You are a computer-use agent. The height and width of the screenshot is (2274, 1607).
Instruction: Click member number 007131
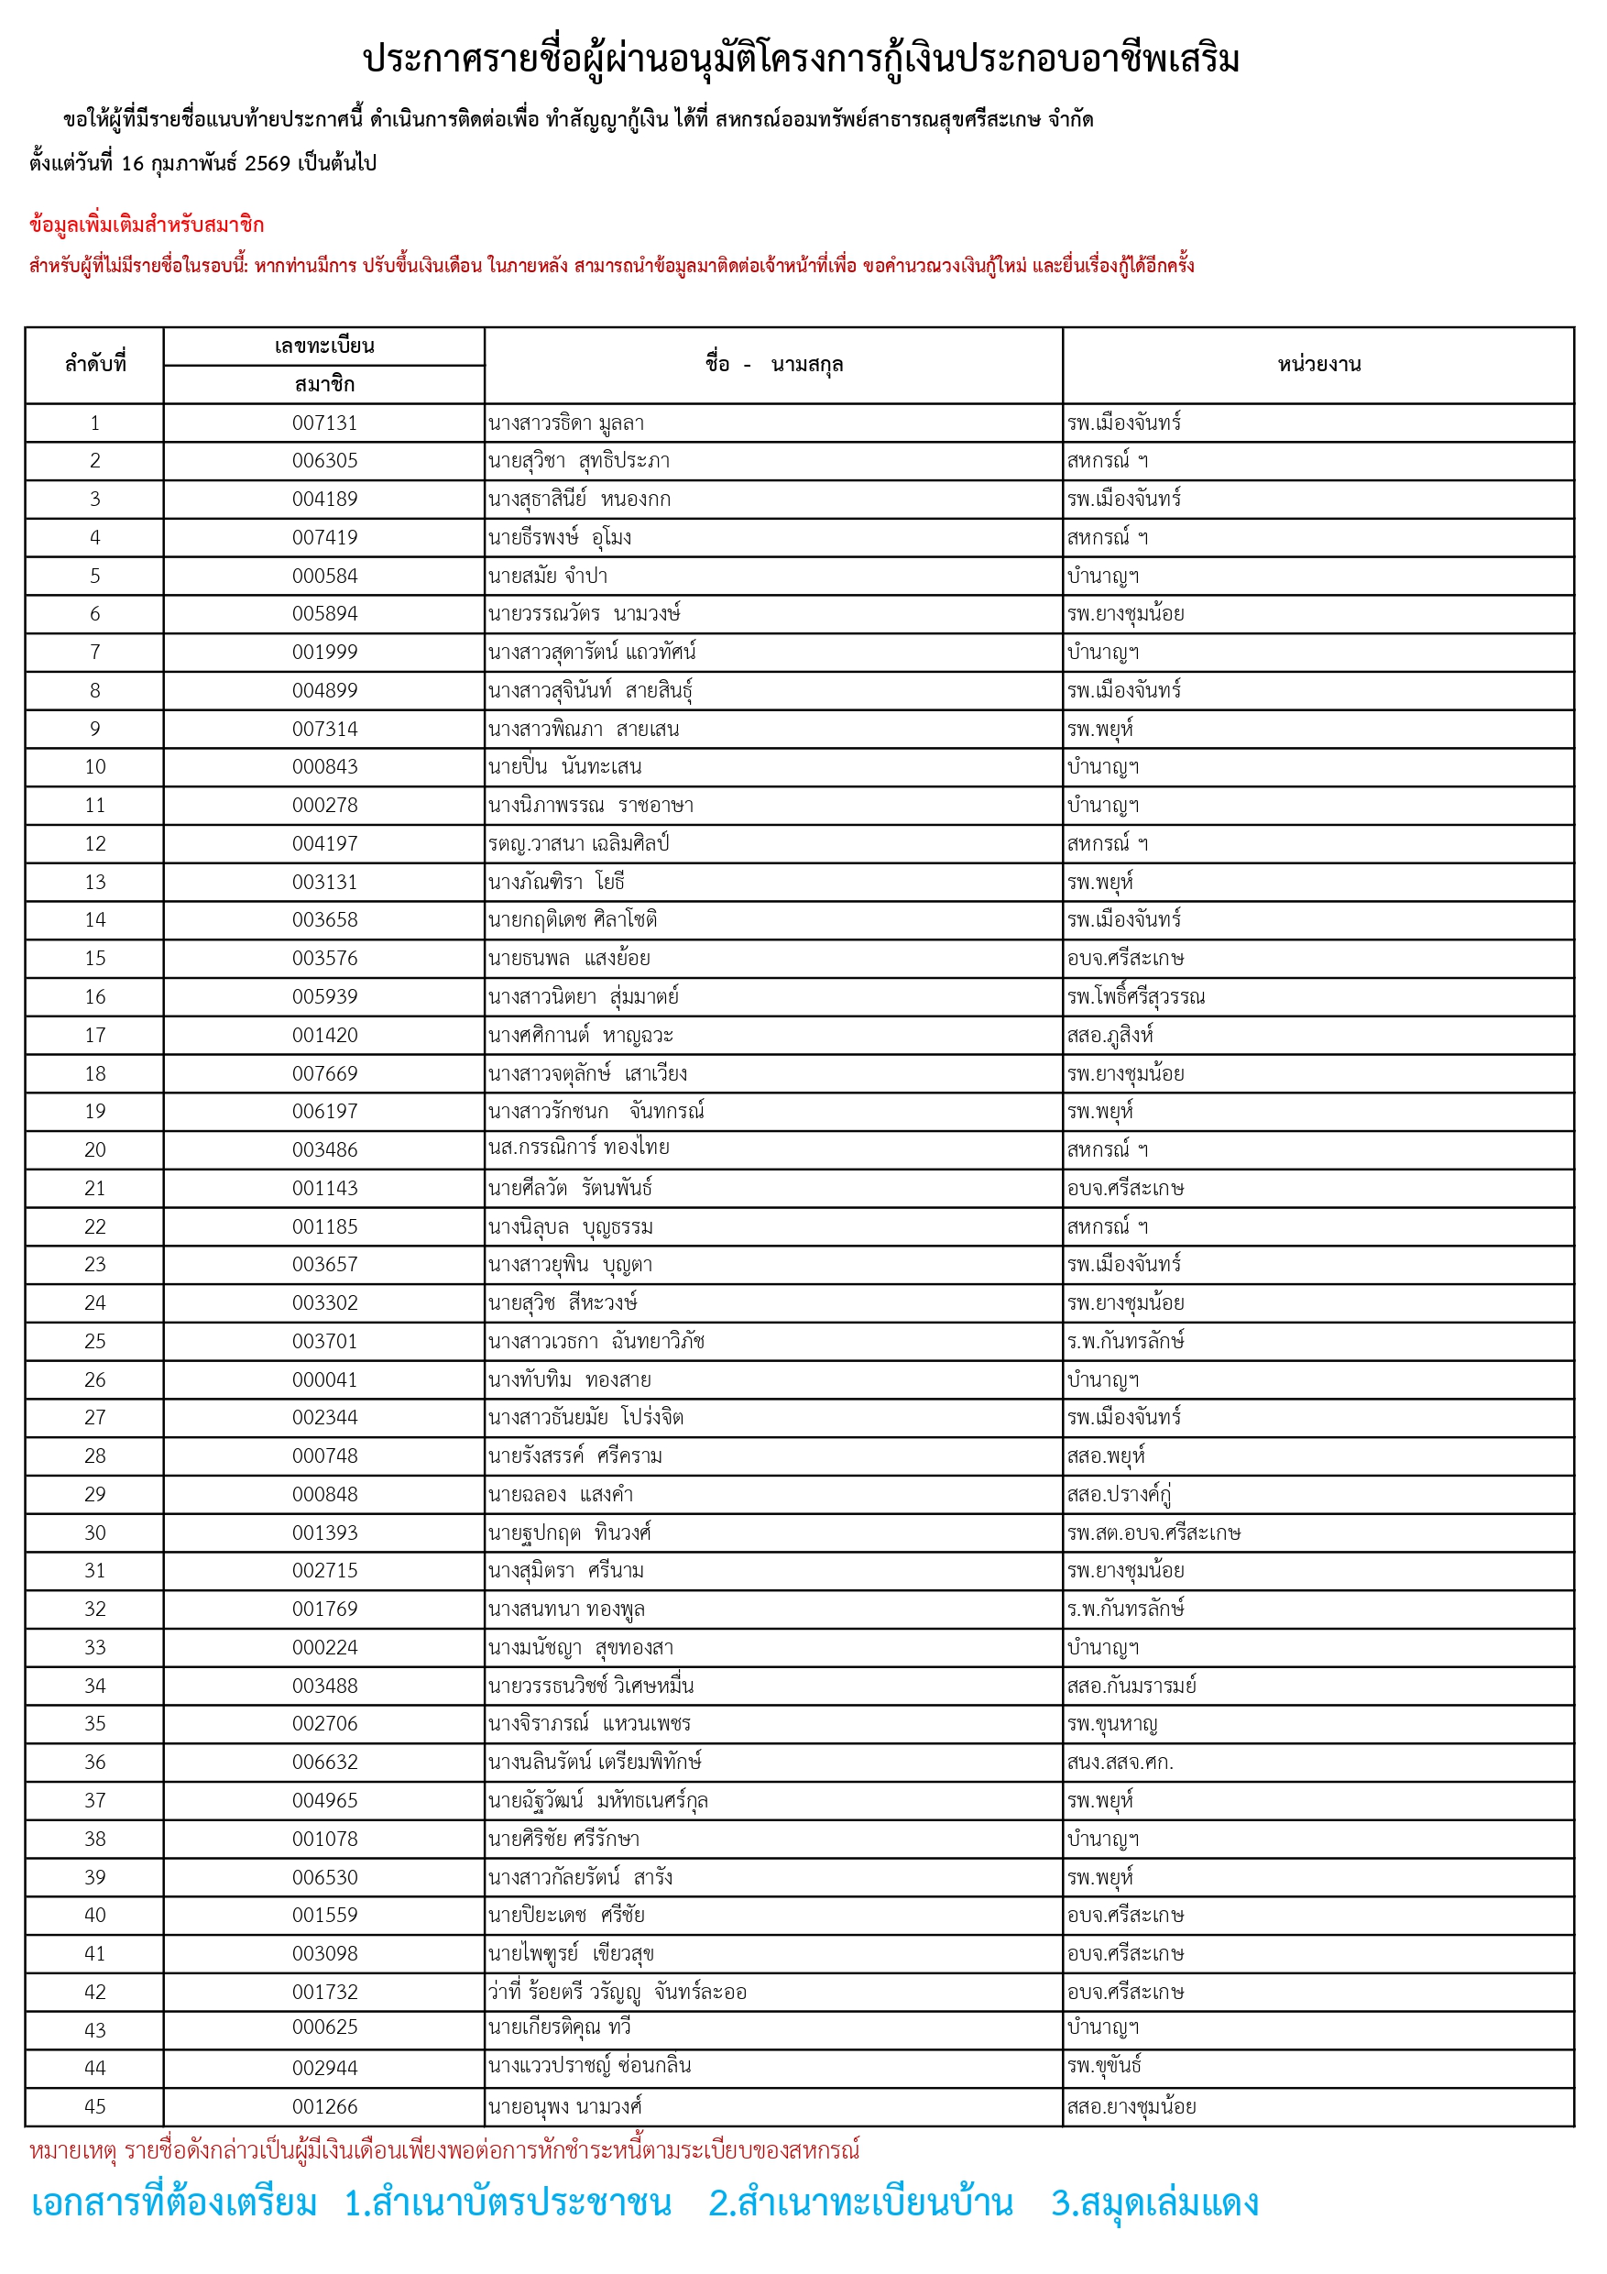click(323, 423)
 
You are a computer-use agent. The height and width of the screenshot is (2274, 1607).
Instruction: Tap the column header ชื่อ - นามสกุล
click(773, 365)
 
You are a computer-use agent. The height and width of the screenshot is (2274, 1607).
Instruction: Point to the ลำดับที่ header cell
click(95, 365)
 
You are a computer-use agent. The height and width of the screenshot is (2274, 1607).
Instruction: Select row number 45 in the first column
click(95, 2105)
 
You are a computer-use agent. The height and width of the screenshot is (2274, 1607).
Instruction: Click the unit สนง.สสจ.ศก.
click(1119, 1762)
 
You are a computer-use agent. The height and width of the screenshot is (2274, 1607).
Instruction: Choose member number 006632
click(323, 1762)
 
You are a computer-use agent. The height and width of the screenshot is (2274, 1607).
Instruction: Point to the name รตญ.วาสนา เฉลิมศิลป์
click(578, 844)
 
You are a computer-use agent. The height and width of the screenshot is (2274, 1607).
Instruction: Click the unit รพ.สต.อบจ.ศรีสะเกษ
click(1153, 1532)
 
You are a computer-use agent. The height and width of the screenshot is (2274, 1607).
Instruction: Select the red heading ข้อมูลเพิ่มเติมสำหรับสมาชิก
click(147, 225)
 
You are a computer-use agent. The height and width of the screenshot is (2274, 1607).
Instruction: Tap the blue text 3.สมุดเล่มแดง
click(1154, 2203)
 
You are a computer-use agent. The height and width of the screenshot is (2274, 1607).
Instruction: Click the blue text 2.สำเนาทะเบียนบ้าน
click(860, 2203)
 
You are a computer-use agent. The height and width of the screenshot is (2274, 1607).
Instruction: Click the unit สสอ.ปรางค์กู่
click(1119, 1494)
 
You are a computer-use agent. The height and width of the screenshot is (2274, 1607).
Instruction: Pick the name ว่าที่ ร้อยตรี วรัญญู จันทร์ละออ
click(617, 1992)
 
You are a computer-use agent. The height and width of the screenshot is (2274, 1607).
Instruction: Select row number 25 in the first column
click(95, 1341)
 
